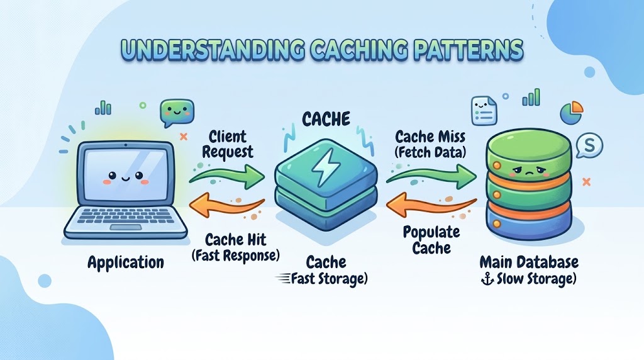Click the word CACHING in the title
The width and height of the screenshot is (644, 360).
356,50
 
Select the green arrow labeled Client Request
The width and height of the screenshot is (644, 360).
226,176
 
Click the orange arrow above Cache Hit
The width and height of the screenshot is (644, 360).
226,205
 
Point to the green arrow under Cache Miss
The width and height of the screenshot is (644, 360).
431,176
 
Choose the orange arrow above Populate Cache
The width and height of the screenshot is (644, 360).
431,205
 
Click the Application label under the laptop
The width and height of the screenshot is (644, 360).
126,262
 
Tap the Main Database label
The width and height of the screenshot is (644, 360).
529,262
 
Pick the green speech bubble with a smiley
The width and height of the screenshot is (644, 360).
177,112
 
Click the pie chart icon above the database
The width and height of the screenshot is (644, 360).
571,112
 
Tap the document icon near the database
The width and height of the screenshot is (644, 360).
484,110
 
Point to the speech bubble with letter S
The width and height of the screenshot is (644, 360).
589,145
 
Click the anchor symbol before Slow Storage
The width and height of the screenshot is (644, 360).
487,280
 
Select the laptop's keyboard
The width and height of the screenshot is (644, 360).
125,215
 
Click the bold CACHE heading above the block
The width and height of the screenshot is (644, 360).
326,119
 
